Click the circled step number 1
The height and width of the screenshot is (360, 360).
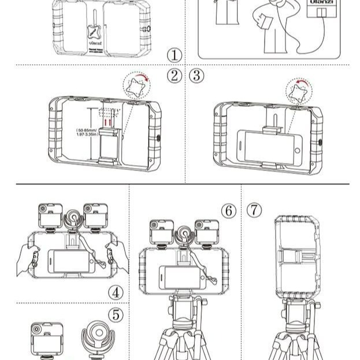[175, 55]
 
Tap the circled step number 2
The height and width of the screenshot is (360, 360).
[175, 76]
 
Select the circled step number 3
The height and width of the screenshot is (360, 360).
[197, 76]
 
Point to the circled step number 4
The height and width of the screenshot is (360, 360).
[116, 292]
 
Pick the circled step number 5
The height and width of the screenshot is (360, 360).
[116, 315]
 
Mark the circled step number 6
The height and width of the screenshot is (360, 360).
[229, 211]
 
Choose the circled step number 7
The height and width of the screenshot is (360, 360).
[254, 210]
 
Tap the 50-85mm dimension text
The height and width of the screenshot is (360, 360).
[87, 133]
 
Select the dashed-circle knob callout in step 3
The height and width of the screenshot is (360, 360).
[299, 92]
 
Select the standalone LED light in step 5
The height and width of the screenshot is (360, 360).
[47, 339]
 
